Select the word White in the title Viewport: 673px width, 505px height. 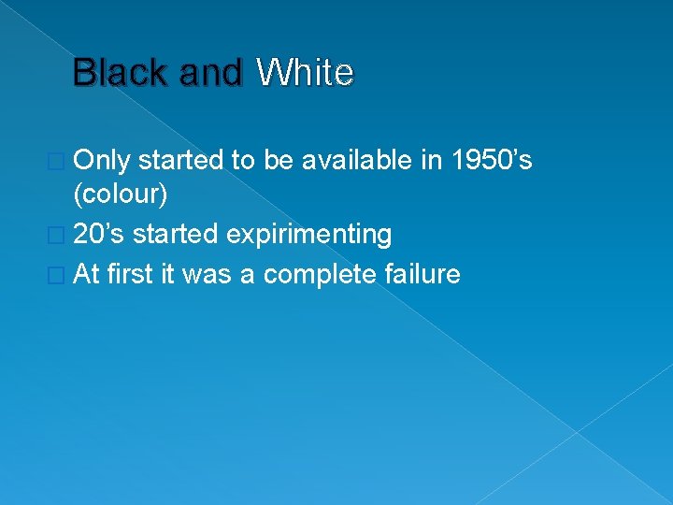pos(305,73)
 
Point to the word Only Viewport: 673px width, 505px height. pos(102,161)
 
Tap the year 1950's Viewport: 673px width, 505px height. pos(492,161)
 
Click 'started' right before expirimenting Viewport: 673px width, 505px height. pos(175,234)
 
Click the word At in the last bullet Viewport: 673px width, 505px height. pos(86,274)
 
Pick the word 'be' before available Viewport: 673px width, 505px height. pos(278,161)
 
